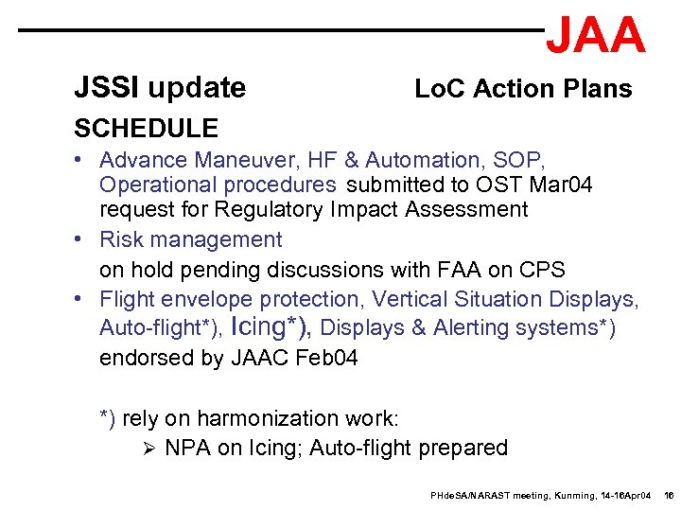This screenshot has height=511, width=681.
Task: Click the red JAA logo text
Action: pos(596,36)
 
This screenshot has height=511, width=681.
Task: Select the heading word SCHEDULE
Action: pos(146,128)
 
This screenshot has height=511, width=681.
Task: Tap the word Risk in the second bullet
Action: pos(121,240)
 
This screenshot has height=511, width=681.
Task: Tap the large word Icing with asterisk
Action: pos(274,326)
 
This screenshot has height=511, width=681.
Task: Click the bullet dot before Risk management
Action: pos(82,240)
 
